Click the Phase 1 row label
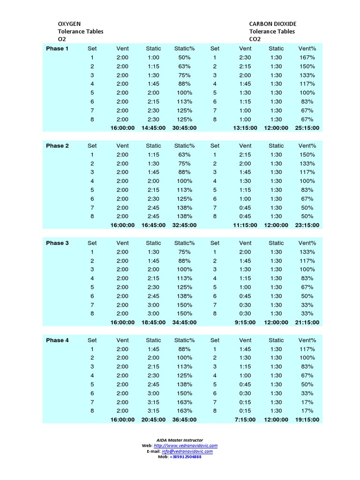click(x=57, y=49)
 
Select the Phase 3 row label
click(x=57, y=243)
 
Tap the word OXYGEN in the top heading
click(x=69, y=24)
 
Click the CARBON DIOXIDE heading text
click(x=273, y=24)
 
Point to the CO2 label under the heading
click(x=255, y=39)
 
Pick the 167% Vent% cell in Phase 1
click(x=307, y=58)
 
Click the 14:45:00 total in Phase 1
click(x=153, y=128)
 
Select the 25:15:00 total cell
click(x=307, y=128)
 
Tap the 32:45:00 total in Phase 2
click(x=184, y=225)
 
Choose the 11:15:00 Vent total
click(x=245, y=225)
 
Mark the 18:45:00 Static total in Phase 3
click(x=153, y=322)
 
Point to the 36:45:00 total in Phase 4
click(x=184, y=420)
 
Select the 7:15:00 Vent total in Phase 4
click(x=245, y=420)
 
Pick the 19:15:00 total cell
click(x=307, y=420)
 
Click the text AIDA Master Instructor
click(x=180, y=440)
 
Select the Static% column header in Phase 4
click(x=184, y=340)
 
